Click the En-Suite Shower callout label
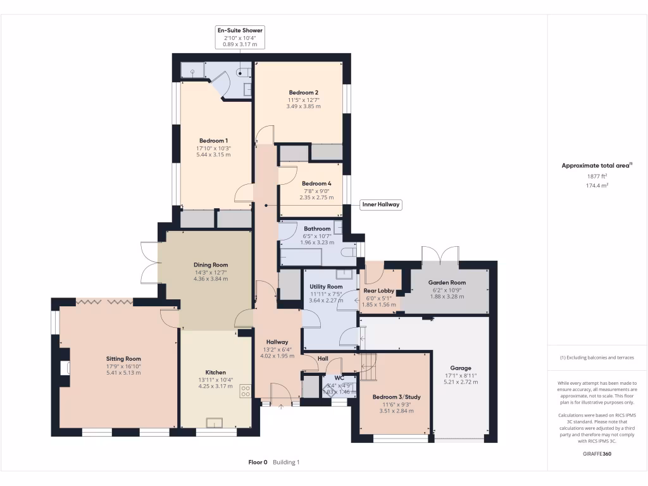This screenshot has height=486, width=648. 240,30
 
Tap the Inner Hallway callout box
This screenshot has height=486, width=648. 381,204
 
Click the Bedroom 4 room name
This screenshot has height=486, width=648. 316,184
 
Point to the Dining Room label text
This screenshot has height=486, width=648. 211,265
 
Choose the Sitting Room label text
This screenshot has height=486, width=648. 123,359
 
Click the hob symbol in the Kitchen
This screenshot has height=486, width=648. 245,392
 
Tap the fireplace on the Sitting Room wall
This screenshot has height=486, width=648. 65,369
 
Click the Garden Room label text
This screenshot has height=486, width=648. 446,283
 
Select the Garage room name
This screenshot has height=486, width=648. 460,368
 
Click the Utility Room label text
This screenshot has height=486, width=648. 326,287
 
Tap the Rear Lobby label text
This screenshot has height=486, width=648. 378,290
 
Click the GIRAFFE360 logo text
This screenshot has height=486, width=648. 597,454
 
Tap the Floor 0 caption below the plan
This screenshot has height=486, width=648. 258,463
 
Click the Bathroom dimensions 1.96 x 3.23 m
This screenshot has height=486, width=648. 317,243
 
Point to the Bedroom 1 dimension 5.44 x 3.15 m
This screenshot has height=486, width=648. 213,155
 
